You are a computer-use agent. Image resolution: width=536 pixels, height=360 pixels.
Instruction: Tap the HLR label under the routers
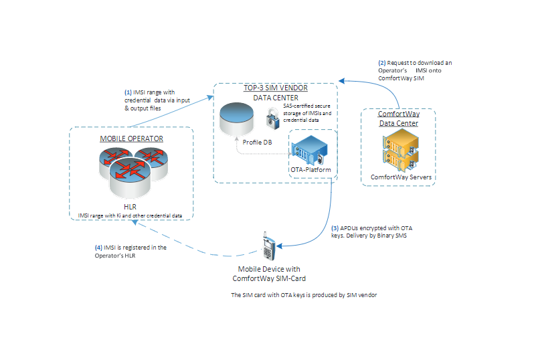coord(130,206)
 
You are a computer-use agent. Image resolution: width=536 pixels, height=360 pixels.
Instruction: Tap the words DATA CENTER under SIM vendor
coord(274,98)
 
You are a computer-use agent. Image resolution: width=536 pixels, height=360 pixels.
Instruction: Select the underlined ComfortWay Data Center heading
coord(399,118)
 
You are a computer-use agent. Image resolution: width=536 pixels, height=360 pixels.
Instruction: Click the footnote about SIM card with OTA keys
coord(304,294)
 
